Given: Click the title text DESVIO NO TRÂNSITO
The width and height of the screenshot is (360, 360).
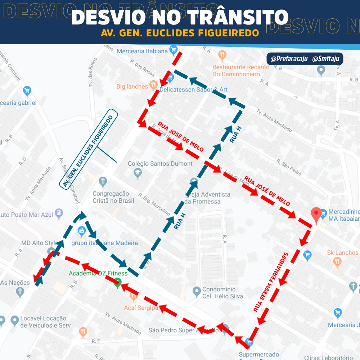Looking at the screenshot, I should [180, 17].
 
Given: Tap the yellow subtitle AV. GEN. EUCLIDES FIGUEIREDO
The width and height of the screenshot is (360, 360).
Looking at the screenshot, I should [180, 33].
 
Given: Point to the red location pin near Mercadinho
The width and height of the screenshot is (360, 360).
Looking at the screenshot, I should [316, 215].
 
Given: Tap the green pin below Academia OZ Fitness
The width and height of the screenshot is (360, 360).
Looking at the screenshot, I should [117, 283].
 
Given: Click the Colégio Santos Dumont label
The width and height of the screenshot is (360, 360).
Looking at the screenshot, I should [160, 164].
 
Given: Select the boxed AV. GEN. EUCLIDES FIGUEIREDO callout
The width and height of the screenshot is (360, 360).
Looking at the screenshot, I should [89, 151].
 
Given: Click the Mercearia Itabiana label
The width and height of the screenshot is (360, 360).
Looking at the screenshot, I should [143, 51].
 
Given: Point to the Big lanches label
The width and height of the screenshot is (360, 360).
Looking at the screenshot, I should [132, 86].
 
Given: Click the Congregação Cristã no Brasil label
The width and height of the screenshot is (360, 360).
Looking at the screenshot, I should [113, 197].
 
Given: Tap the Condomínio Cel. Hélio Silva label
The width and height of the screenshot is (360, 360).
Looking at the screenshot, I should [222, 293].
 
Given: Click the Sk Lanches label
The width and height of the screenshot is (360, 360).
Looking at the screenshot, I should [342, 253].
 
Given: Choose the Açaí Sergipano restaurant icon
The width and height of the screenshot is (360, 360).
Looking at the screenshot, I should [134, 297].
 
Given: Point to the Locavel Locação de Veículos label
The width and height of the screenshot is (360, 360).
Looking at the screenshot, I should [43, 322].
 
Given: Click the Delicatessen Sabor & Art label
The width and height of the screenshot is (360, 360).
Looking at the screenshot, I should [194, 90].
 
